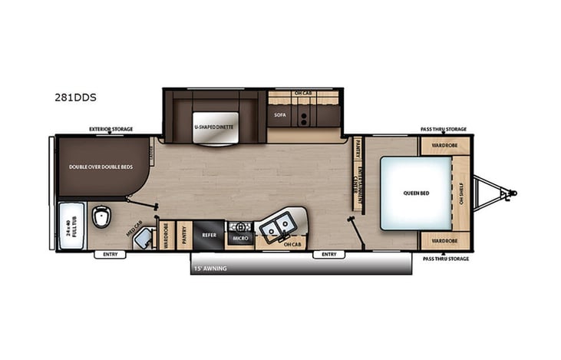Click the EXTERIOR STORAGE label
(111, 129)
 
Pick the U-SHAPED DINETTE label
(213, 125)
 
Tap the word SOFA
(279, 114)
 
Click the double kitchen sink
(276, 226)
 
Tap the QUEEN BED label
(415, 193)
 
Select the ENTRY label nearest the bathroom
(110, 254)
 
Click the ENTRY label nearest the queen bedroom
(329, 254)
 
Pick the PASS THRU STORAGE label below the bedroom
(446, 259)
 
